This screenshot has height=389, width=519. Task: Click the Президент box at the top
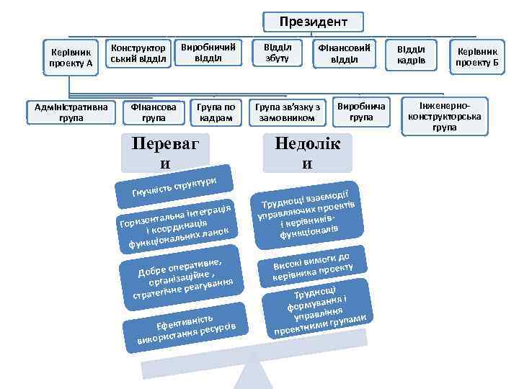tap(313, 22)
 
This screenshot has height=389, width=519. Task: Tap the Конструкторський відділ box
tap(140, 53)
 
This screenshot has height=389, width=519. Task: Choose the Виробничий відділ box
tap(208, 53)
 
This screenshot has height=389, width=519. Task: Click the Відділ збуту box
tap(277, 53)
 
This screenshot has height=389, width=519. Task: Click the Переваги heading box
tap(165, 152)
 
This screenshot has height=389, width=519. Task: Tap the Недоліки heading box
tap(307, 152)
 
